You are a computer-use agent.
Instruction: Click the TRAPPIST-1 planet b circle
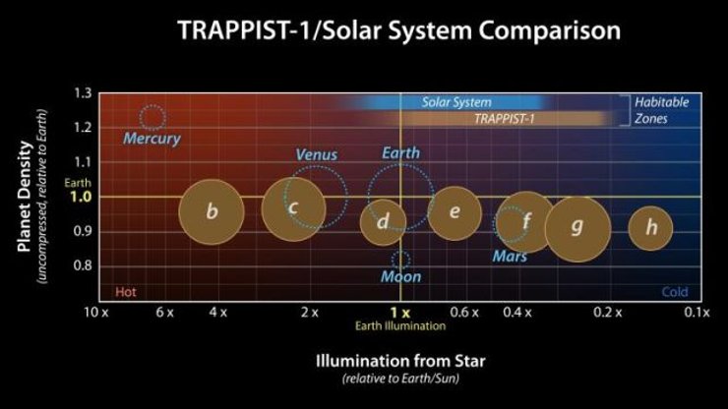pos(212,211)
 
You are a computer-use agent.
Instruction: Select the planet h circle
pos(650,228)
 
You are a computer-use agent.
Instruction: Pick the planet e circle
pos(455,212)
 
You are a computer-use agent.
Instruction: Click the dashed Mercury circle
pos(152,117)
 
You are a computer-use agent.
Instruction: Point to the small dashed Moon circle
pos(400,260)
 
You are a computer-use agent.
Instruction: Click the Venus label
pos(317,154)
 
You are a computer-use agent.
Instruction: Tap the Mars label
pos(510,257)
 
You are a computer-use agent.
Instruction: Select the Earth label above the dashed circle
pos(401,153)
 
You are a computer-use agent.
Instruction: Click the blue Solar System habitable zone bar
pos(457,102)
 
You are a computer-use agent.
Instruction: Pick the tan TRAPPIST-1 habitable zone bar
pos(497,118)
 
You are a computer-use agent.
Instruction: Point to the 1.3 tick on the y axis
pos(83,93)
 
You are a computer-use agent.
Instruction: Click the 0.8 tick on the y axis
pos(83,265)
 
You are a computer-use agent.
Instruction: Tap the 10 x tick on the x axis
pos(95,313)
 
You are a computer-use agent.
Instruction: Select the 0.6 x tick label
pos(464,313)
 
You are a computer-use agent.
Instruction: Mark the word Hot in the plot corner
pos(125,292)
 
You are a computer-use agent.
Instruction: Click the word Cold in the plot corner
pos(675,292)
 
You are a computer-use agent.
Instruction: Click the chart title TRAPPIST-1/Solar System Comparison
pos(398,30)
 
